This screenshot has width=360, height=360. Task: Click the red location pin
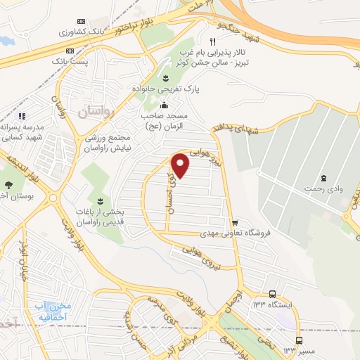coord(181,166)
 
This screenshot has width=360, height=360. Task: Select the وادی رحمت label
coord(323,188)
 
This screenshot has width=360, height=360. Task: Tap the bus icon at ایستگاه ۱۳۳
coord(272,294)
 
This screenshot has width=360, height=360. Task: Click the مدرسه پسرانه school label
coord(22,132)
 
